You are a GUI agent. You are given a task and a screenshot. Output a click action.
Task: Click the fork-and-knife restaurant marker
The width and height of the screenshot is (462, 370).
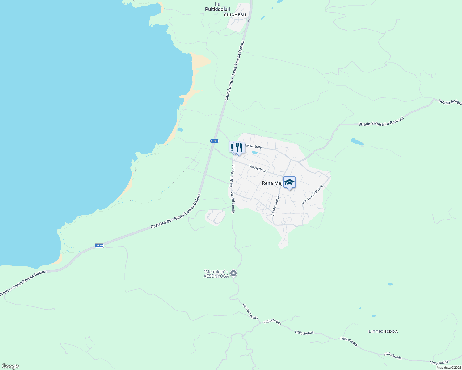[239, 148]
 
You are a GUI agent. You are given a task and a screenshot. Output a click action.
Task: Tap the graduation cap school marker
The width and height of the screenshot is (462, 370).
[289, 182]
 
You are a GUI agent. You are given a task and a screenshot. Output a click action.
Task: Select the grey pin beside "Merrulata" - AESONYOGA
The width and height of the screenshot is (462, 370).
[234, 273]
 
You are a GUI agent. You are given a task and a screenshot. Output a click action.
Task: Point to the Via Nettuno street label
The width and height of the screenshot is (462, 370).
[258, 168]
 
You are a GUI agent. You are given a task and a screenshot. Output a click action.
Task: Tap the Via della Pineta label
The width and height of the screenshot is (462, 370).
[232, 176]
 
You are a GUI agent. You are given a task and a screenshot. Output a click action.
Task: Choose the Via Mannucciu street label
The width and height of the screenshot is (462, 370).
[275, 205]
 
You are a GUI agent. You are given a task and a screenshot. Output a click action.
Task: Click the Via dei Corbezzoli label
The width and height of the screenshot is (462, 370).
[313, 194]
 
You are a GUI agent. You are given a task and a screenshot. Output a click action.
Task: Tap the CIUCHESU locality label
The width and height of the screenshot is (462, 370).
[235, 15]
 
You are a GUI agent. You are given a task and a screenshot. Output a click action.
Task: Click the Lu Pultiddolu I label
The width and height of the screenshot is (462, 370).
[217, 7]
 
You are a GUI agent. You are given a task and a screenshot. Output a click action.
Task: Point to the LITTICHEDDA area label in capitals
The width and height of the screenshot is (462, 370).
[383, 331]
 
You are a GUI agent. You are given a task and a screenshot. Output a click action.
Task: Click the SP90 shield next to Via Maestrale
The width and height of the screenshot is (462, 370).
[214, 141]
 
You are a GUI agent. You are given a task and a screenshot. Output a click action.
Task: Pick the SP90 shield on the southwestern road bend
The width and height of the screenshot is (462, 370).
[99, 245]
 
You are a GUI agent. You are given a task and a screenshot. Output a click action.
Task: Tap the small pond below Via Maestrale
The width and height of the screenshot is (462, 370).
[254, 153]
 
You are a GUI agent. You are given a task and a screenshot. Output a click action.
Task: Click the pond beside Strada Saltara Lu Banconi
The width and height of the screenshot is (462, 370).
[357, 142]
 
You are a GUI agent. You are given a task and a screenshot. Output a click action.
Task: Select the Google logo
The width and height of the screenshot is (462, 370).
[10, 366]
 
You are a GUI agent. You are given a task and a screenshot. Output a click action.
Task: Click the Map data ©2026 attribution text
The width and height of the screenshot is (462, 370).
[448, 368]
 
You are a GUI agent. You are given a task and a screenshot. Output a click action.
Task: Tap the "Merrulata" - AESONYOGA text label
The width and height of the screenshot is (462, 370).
[216, 274]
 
